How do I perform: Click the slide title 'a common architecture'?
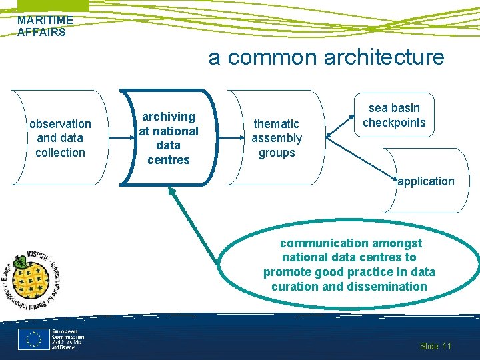[326, 57]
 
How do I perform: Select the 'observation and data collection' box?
[60, 138]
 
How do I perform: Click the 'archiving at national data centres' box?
[169, 138]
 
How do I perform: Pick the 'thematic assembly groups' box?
[276, 138]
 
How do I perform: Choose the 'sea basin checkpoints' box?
[394, 115]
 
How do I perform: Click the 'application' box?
[426, 181]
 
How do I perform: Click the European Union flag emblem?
[34, 339]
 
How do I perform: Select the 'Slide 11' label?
[435, 346]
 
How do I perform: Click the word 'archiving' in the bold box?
[169, 117]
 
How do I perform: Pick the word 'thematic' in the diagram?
[276, 123]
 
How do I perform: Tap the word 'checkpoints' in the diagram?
[394, 123]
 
